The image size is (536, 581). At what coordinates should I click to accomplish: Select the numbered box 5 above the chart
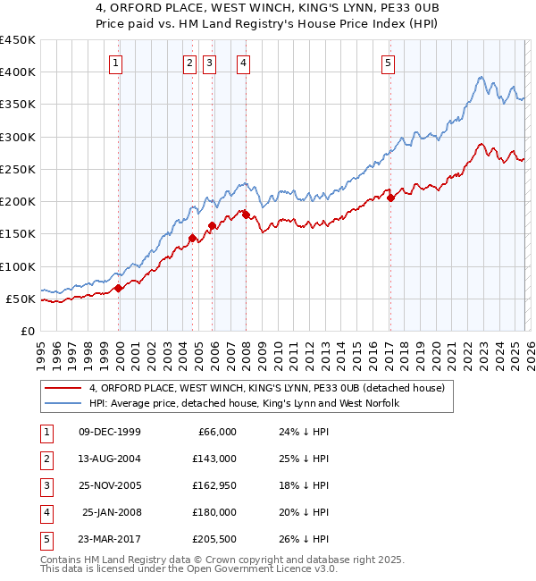click(389, 63)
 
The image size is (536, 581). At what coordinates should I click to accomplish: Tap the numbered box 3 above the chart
click(209, 63)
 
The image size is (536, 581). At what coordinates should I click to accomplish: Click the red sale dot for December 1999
click(119, 288)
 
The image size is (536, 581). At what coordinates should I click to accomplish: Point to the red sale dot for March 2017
click(391, 198)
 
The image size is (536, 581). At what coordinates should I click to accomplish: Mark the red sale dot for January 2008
click(246, 215)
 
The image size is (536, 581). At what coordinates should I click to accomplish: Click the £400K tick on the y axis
click(18, 72)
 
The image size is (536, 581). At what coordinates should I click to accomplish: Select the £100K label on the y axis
click(18, 266)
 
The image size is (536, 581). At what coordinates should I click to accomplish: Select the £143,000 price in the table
click(214, 459)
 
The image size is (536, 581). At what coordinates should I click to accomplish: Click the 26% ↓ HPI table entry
click(305, 539)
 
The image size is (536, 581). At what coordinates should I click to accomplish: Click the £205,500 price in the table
click(214, 539)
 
